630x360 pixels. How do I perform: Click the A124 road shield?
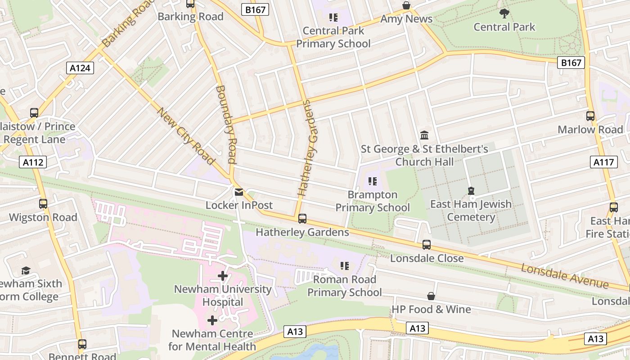coord(81,68)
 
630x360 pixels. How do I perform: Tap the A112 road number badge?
coord(33,162)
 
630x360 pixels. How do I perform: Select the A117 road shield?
coord(603,162)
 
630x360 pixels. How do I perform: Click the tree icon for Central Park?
coord(504,13)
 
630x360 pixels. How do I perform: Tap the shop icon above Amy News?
coord(406,5)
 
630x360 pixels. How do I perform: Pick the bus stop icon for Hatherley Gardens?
coord(302,219)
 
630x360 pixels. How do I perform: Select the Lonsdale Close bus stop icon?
coord(427,245)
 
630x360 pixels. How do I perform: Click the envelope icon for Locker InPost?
coord(239,192)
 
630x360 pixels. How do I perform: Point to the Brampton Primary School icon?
coord(372,181)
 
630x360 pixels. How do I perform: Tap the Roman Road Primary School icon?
coord(345,266)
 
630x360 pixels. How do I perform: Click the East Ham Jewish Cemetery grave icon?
coord(471,191)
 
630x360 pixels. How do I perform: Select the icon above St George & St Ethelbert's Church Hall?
coord(424,135)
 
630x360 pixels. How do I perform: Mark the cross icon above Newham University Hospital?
coord(223,276)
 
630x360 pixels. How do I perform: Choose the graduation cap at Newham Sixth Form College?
coord(26,270)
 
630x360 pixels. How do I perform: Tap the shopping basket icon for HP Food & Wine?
coord(431,296)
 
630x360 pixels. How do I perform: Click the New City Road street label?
coord(185,135)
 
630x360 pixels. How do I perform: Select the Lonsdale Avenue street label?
coord(565,276)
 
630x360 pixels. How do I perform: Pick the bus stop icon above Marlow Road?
coord(590,116)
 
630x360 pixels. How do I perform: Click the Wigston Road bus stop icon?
coord(43,204)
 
